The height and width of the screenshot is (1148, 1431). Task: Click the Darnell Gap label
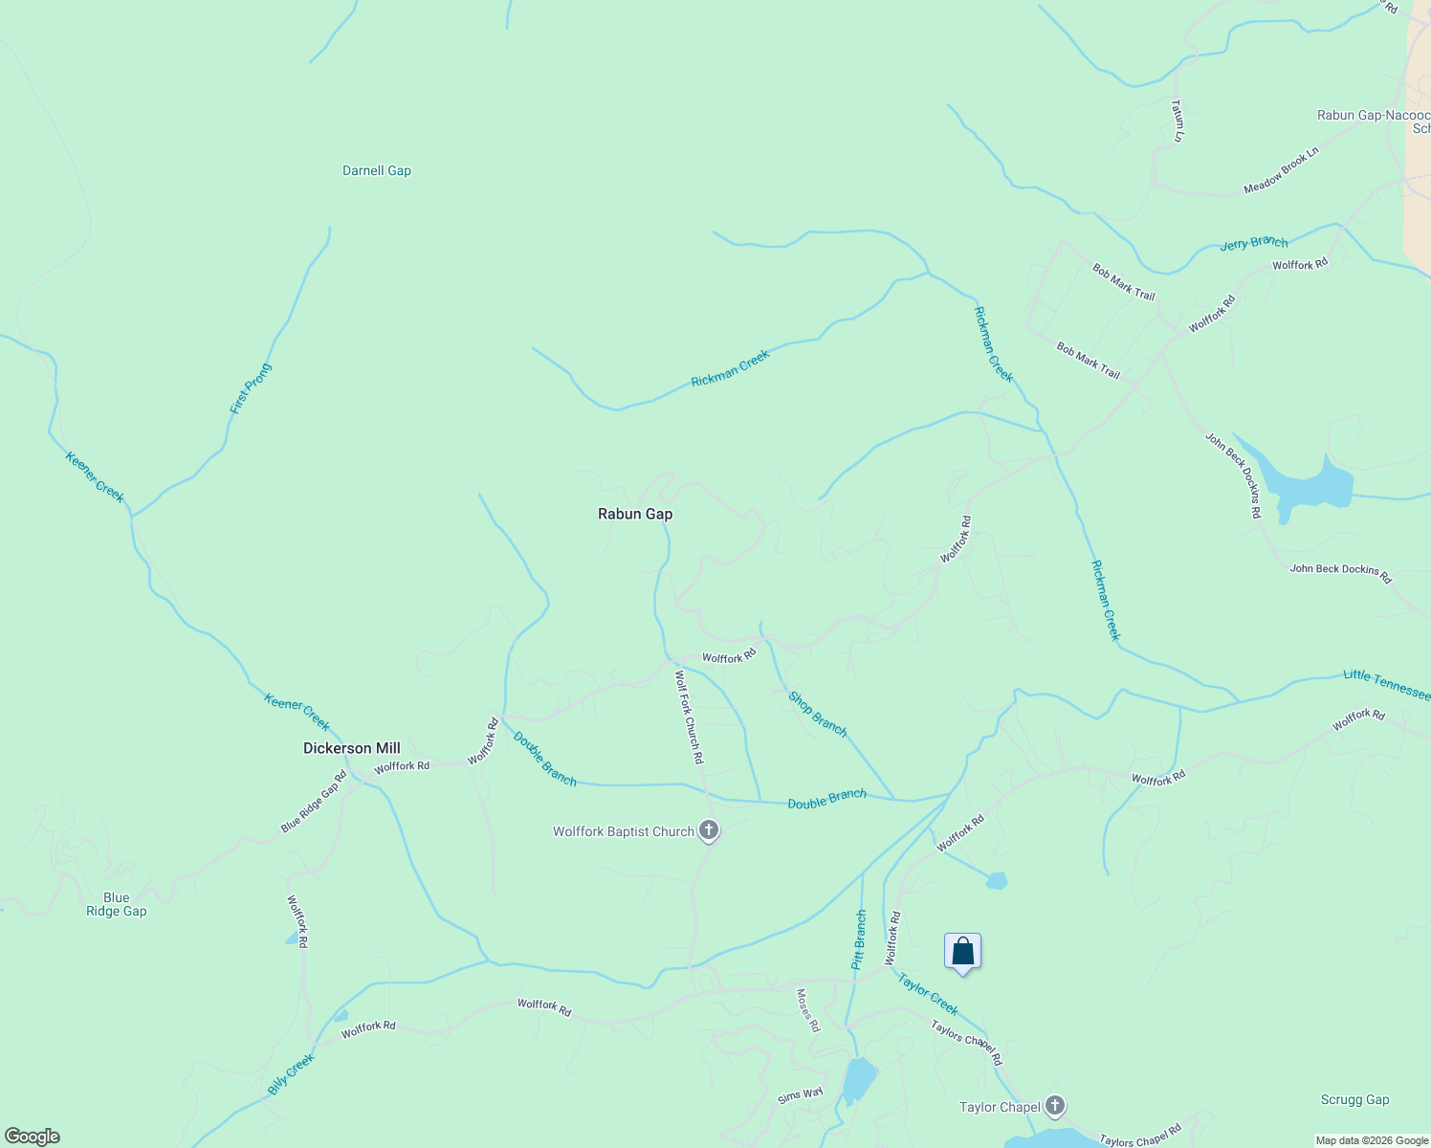(377, 171)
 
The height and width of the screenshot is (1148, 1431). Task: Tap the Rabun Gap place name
(635, 514)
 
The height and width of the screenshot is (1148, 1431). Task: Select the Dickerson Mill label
(351, 748)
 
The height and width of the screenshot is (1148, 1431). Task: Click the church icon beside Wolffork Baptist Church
(709, 830)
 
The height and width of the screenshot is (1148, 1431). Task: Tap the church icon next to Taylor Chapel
(1055, 1107)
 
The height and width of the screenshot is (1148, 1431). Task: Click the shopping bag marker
(963, 952)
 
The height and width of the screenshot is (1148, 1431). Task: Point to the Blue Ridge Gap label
(117, 904)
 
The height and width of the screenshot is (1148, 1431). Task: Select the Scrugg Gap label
(1354, 1100)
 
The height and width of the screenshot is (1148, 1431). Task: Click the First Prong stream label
(251, 388)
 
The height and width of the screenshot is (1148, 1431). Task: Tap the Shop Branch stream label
(818, 714)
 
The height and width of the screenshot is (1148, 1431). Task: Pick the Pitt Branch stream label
(860, 939)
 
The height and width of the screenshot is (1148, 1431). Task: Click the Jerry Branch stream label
(1254, 243)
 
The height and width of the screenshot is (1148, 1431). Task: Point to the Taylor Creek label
(928, 993)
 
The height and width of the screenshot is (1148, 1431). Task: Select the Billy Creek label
(291, 1074)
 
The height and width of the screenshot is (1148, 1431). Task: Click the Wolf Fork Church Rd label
(690, 717)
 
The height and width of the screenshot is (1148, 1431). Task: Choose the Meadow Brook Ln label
(1281, 170)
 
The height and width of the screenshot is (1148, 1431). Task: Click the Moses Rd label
(808, 1010)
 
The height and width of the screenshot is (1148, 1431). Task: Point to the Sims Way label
(800, 1095)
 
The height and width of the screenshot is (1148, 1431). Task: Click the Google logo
(33, 1137)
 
